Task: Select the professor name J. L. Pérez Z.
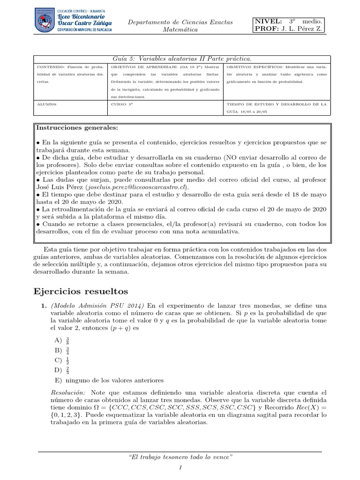302,30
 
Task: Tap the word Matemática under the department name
180,30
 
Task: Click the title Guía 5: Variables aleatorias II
182,59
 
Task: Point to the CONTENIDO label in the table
50,67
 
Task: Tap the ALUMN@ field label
46,105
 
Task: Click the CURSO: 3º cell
122,105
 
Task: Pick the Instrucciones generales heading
77,127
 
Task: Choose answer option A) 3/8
62,340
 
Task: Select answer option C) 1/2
62,360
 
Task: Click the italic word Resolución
68,392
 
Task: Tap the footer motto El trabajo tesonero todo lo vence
180,457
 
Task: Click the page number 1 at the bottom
180,468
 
